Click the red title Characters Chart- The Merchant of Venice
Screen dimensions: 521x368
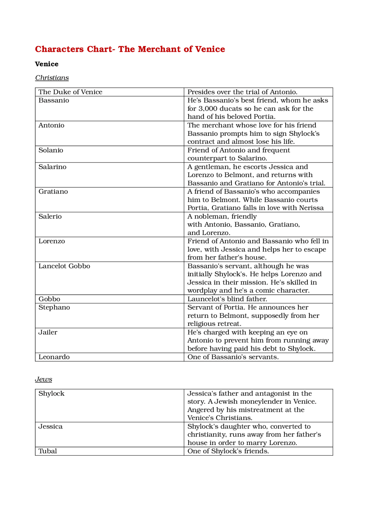(130, 49)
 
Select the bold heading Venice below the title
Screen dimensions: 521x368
(47, 64)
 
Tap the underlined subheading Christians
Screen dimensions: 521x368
(52, 78)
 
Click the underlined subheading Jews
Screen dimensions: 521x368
(43, 379)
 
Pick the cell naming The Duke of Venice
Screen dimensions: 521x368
(70, 92)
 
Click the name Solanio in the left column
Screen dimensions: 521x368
(51, 150)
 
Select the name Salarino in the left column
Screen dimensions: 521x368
(52, 167)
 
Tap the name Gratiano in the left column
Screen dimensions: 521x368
(53, 192)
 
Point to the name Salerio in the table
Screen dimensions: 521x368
(50, 216)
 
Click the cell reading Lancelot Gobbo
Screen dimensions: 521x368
(64, 266)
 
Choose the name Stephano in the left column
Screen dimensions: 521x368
(54, 308)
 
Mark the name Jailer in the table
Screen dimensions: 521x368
(48, 332)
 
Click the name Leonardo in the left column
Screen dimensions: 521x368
(54, 357)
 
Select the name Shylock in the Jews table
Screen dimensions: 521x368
(51, 394)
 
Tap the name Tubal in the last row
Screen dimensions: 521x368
(48, 451)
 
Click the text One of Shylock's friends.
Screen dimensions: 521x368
(228, 451)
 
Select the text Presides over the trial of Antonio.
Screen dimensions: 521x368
(242, 92)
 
